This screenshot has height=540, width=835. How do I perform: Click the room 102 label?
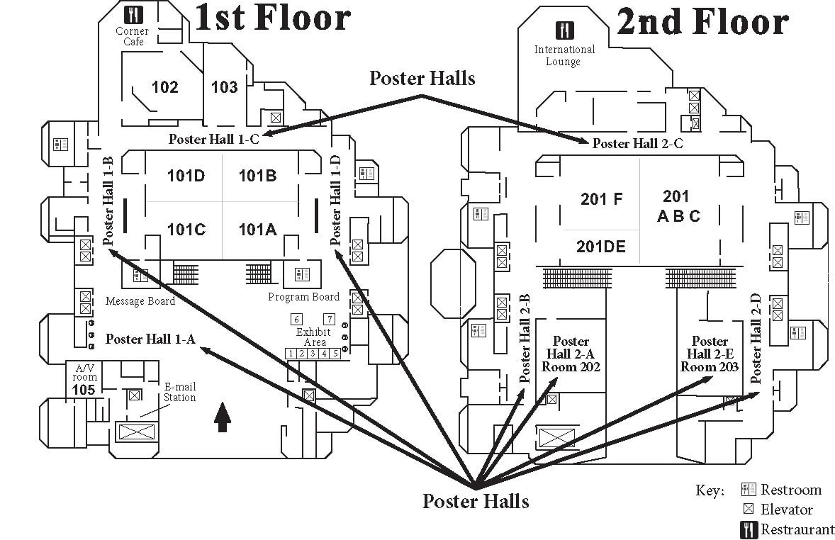[x=164, y=87]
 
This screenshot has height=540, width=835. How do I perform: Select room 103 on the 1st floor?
[x=225, y=87]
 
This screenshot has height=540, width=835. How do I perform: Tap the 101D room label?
[x=186, y=176]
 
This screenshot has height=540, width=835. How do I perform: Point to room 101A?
[x=257, y=229]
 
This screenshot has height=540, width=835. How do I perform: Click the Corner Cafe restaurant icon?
[x=133, y=14]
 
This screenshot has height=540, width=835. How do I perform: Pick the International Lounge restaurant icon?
[x=565, y=30]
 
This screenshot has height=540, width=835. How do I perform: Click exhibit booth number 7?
[x=329, y=319]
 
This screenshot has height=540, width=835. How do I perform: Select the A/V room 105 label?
[x=83, y=379]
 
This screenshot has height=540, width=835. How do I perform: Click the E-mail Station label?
[x=179, y=392]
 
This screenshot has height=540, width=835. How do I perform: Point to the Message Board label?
[x=140, y=301]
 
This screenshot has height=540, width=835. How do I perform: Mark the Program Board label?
[x=303, y=297]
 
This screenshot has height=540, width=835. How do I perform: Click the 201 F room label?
[x=601, y=199]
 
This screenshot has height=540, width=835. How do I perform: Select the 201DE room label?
[x=600, y=247]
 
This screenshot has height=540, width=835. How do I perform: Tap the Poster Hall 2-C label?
[x=637, y=144]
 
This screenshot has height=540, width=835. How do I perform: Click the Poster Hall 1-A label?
[x=150, y=339]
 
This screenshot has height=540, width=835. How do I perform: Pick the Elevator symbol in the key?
[x=747, y=509]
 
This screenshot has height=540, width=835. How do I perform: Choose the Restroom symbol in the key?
[x=747, y=490]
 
